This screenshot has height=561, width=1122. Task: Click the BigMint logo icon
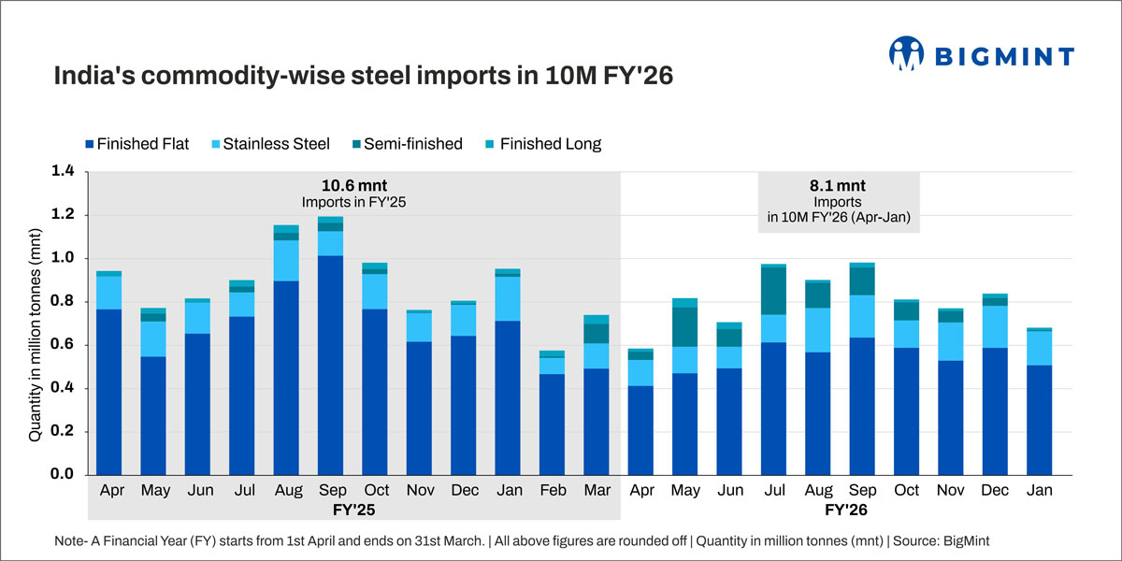coord(906,53)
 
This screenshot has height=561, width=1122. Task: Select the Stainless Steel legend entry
coord(278,144)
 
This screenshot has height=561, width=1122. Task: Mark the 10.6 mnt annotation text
coord(352,185)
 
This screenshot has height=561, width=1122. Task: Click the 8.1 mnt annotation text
coord(839,185)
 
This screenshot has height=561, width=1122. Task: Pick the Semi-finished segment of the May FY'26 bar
coord(686,326)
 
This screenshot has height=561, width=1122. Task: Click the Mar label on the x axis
coord(596,489)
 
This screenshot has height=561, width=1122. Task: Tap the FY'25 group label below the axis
coord(352,511)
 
